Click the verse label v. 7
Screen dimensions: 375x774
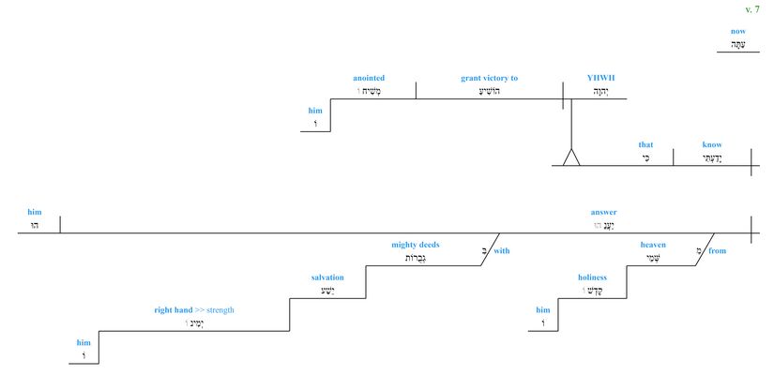pyautogui.click(x=752, y=9)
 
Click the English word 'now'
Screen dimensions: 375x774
pyautogui.click(x=738, y=31)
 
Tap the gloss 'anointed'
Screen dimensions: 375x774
pyautogui.click(x=369, y=78)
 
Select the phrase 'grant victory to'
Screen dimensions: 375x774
pyautogui.click(x=489, y=78)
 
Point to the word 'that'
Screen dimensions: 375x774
pyautogui.click(x=645, y=144)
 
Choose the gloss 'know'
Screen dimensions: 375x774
pyautogui.click(x=712, y=144)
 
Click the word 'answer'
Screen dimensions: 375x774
pyautogui.click(x=603, y=212)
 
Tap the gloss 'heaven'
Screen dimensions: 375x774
pyautogui.click(x=653, y=245)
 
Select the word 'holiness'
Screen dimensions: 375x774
pyautogui.click(x=592, y=277)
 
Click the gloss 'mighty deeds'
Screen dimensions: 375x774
pyautogui.click(x=416, y=245)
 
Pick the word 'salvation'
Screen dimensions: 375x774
pyautogui.click(x=327, y=277)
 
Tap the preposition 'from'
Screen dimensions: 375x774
pyautogui.click(x=718, y=250)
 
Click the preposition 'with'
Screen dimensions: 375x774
pyautogui.click(x=502, y=250)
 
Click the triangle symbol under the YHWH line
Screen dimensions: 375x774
pyautogui.click(x=571, y=157)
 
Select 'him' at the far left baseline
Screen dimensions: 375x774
pyautogui.click(x=35, y=212)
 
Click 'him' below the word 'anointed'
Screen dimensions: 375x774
pyautogui.click(x=315, y=111)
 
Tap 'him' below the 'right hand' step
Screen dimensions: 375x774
pyautogui.click(x=84, y=342)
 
